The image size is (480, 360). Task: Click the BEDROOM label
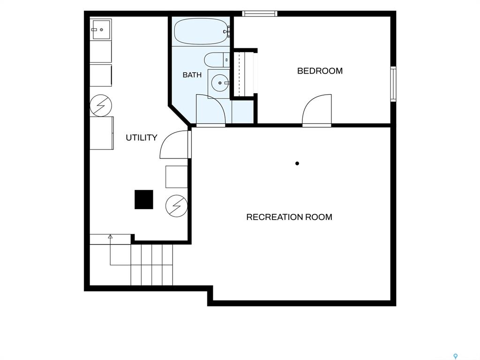pos(320,71)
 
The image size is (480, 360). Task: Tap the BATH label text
pos(192,75)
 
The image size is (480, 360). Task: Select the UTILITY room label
pos(142,138)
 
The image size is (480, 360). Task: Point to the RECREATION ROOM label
pos(289,217)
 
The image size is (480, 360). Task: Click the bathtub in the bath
pos(201,31)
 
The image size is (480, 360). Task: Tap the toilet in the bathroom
pos(217,60)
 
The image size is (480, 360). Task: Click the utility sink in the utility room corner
pos(101,30)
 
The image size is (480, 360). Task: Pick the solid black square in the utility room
pos(144,200)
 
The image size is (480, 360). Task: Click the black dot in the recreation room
pos(297,164)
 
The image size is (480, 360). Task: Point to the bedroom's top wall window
pos(260,14)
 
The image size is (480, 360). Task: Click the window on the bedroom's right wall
pos(393,84)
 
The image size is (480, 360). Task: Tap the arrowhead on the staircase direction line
pos(110,236)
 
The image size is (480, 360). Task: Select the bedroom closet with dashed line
pos(244,73)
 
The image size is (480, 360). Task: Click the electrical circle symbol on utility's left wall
pos(101,105)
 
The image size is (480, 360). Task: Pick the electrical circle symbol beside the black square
pos(176,206)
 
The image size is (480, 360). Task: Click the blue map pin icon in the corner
pos(456,356)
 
